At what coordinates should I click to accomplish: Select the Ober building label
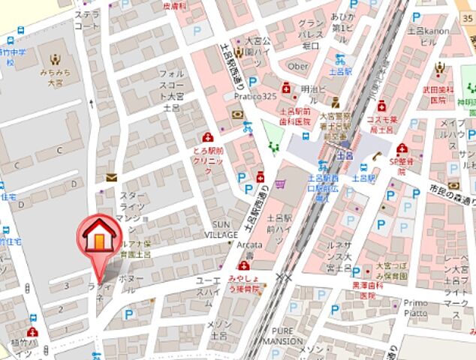coord(299,66)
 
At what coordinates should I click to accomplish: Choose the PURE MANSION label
coord(282,335)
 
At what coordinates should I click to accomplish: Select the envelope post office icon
coord(112,178)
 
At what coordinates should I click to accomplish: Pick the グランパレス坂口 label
coord(311,34)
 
